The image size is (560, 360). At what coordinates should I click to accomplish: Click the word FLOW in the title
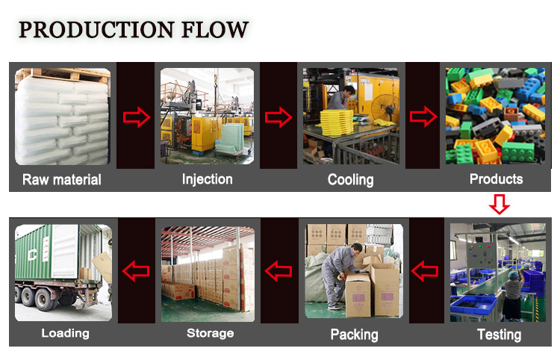click(217, 30)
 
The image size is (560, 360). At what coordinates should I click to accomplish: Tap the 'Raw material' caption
click(62, 179)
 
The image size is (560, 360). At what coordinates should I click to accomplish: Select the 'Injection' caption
click(208, 179)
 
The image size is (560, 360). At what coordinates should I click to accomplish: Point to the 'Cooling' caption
click(350, 179)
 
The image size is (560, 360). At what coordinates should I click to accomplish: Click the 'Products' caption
click(496, 179)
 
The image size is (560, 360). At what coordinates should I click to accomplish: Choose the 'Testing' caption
click(499, 334)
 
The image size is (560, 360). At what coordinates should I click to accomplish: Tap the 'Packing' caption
click(354, 334)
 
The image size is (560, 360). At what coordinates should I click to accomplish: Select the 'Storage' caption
click(210, 333)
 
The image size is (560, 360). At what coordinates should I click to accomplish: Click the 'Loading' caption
click(66, 333)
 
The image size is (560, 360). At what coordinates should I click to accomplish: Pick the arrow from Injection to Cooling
click(279, 117)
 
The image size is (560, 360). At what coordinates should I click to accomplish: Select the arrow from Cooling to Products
click(423, 117)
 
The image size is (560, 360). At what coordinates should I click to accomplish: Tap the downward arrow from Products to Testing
click(500, 204)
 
